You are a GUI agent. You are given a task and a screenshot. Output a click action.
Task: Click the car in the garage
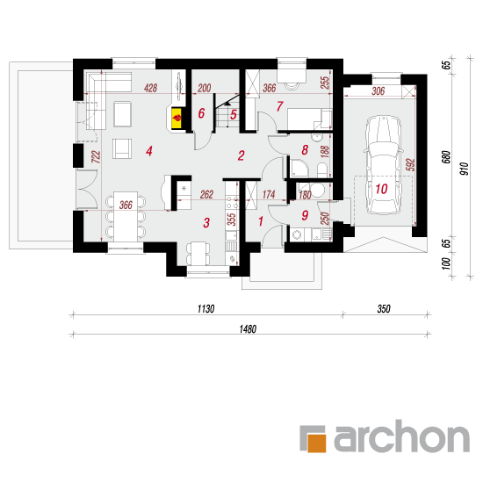coord(384,165)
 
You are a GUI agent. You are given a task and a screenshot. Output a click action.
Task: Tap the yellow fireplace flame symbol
coord(177,118)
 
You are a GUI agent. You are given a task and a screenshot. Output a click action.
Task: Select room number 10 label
coord(381,189)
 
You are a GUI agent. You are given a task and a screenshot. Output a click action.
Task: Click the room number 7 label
coord(279,106)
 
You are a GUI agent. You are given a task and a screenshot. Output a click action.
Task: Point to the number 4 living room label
coord(149,151)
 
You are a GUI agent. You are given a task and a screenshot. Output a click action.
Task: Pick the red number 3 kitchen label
coord(206,222)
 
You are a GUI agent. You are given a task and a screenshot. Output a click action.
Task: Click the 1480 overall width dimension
coord(248,329)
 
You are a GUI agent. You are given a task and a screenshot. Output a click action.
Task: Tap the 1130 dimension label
coord(205,308)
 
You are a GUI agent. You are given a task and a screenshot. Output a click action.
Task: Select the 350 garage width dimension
coord(384,308)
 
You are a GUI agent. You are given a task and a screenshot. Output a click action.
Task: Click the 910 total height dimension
coord(465,169)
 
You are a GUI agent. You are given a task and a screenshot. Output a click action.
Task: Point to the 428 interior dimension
coord(151,88)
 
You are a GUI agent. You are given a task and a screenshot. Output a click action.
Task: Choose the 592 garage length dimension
coord(411,164)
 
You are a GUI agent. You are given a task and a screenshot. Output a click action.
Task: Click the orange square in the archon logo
coord(316,443)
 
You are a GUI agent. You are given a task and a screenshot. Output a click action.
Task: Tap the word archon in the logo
coord(402,436)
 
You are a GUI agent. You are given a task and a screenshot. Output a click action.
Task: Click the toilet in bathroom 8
coord(322,170)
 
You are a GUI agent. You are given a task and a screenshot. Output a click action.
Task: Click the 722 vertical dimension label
coord(96,156)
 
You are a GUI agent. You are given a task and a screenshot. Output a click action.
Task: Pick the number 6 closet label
coord(201,113)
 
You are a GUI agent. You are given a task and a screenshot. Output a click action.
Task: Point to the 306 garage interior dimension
coord(378,90)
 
